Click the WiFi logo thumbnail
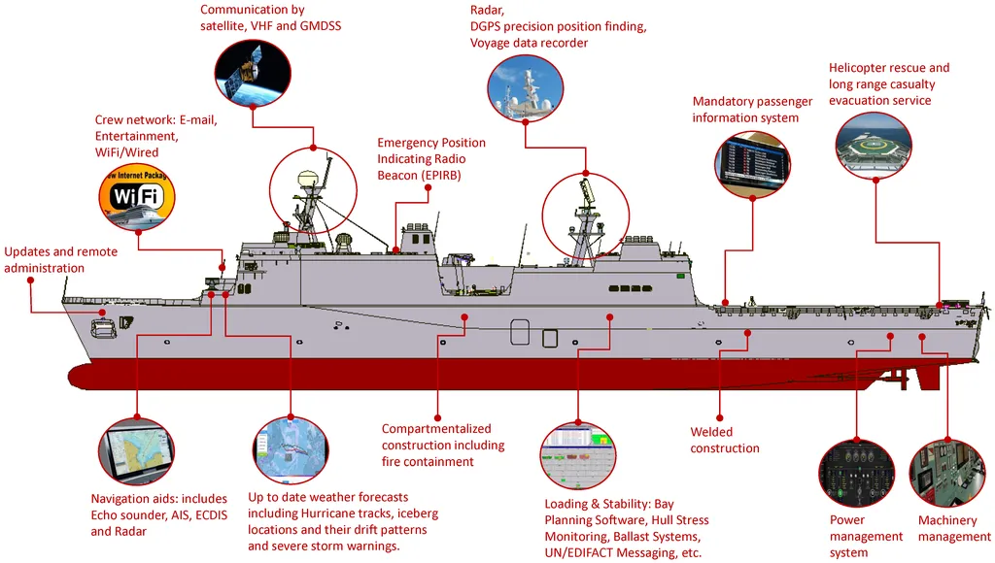click(x=137, y=197)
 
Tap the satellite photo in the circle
click(x=253, y=72)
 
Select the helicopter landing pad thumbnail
click(x=874, y=146)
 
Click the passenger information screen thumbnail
click(x=753, y=164)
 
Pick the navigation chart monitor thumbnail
click(x=136, y=451)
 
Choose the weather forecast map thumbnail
click(x=291, y=450)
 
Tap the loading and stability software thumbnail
click(x=578, y=455)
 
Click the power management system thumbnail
click(x=857, y=473)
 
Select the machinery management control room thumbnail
click(x=947, y=473)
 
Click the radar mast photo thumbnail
click(x=526, y=88)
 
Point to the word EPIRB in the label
click(x=440, y=176)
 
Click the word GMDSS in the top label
click(x=321, y=26)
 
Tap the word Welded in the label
click(x=711, y=432)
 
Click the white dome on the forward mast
click(x=308, y=177)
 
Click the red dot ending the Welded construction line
click(x=720, y=417)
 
